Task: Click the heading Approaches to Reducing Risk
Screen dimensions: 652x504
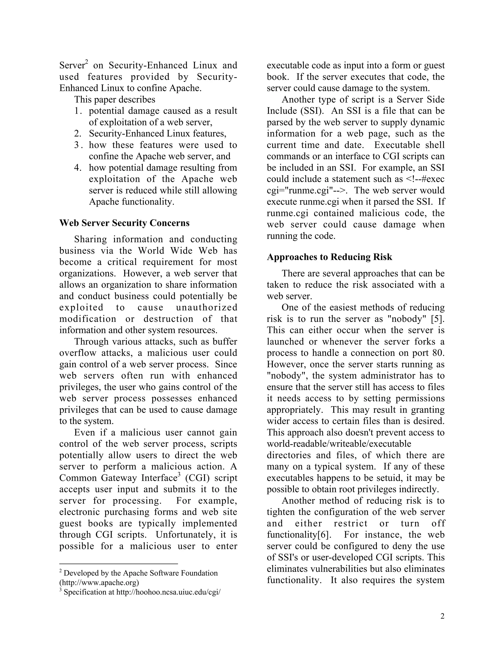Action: click(329, 257)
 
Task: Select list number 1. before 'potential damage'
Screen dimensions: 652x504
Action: click(78, 111)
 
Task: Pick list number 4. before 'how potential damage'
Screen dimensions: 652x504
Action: click(78, 168)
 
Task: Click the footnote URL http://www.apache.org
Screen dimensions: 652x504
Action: click(99, 582)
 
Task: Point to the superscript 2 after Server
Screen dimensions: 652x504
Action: click(87, 62)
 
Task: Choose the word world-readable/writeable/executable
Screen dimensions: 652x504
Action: click(339, 444)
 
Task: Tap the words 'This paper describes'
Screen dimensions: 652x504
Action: click(115, 99)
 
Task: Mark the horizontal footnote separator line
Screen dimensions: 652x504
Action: click(119, 564)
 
